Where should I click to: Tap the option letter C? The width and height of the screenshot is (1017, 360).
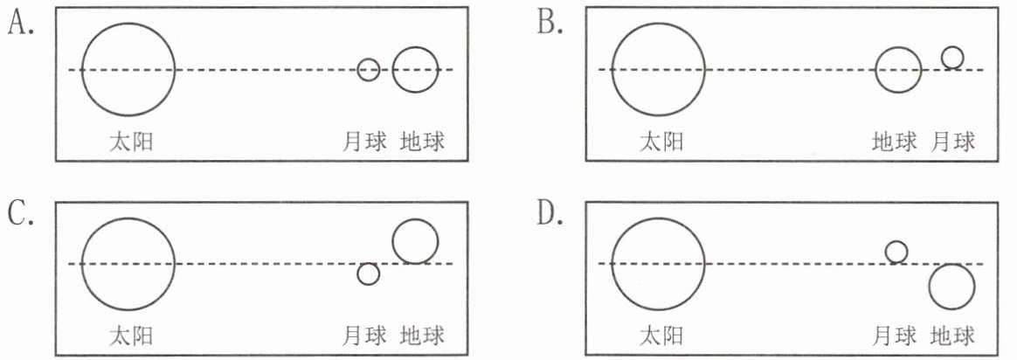click(x=20, y=215)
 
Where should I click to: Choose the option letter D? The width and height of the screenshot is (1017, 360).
click(x=549, y=215)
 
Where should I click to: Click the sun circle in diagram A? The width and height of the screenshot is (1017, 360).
click(x=128, y=70)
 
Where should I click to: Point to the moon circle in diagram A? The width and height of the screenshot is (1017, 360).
click(x=369, y=70)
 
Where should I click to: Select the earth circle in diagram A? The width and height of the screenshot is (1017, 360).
click(x=415, y=70)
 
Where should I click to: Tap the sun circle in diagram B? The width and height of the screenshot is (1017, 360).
click(x=658, y=70)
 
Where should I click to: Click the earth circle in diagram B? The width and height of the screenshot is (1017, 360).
click(x=898, y=70)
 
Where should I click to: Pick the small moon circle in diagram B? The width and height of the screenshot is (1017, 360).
click(x=952, y=58)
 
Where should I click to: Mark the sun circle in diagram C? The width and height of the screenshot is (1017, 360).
click(x=128, y=263)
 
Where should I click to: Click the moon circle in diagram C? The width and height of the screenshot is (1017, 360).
click(x=369, y=273)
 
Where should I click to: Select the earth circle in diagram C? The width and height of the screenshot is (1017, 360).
click(x=415, y=241)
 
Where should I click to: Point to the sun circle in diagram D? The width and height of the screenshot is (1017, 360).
click(x=658, y=263)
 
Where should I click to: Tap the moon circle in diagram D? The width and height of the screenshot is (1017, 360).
click(x=896, y=252)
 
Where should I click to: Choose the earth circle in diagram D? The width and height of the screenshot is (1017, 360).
click(x=951, y=287)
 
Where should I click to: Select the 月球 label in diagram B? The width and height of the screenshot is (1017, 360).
click(x=953, y=142)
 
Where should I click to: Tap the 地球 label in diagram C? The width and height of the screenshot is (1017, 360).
click(x=422, y=335)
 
